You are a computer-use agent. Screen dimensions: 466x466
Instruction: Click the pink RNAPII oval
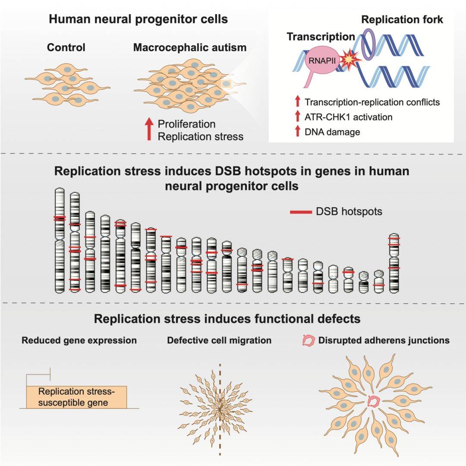(322, 60)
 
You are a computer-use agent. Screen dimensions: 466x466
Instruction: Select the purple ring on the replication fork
(368, 44)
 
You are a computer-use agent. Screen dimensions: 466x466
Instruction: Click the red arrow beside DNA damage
(297, 131)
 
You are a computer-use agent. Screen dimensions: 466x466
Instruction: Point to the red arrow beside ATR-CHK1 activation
(297, 116)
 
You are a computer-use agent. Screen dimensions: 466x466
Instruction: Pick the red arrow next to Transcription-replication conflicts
(297, 101)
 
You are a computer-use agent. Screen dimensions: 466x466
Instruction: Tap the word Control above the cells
(66, 47)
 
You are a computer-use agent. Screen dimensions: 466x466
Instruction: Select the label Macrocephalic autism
(190, 47)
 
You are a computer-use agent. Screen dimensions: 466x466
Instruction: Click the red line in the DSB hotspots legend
(301, 212)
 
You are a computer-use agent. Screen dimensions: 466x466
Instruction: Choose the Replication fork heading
(402, 19)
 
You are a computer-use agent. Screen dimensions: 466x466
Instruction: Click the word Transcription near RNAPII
(321, 37)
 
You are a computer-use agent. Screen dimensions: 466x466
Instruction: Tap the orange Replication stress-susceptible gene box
(77, 397)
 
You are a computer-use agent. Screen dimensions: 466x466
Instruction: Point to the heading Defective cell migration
(219, 340)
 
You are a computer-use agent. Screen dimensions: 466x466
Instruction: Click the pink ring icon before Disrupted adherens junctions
(308, 341)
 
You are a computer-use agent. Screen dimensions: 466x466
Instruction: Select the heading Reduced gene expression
(79, 340)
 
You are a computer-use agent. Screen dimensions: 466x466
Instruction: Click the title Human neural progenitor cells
(138, 19)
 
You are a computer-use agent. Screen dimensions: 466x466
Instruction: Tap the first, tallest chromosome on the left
(60, 240)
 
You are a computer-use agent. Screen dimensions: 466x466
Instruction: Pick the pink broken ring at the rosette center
(374, 402)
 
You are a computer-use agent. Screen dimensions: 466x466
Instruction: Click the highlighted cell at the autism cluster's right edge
(227, 84)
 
